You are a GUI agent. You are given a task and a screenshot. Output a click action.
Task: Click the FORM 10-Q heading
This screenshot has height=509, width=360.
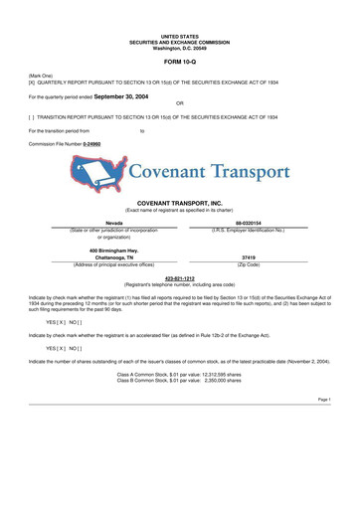click(179, 62)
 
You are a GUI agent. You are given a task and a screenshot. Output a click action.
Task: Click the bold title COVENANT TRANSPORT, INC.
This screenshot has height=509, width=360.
click(179, 203)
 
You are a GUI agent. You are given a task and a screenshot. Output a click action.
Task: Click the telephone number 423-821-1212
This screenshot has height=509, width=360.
click(179, 277)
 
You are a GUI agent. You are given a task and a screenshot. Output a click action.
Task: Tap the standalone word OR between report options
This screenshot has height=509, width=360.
click(179, 103)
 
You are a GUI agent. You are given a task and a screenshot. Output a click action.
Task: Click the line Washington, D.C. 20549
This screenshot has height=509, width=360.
click(179, 48)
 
